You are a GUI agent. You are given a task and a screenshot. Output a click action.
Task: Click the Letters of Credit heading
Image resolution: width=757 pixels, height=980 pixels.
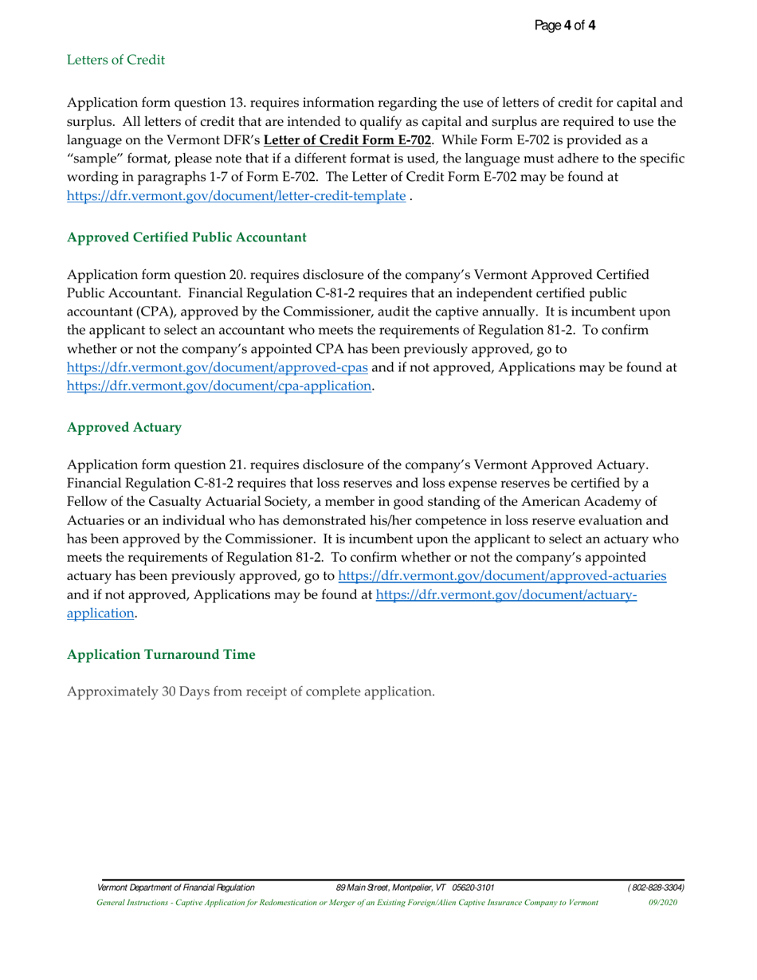click(116, 60)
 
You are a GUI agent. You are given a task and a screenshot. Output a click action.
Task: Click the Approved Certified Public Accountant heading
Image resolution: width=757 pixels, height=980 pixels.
click(186, 237)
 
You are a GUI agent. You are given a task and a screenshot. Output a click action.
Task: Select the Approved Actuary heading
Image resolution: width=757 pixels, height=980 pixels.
click(124, 427)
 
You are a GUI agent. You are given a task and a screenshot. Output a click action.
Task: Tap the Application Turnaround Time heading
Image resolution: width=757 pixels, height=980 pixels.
click(161, 654)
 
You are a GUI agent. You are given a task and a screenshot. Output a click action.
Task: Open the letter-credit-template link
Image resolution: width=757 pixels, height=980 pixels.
click(236, 196)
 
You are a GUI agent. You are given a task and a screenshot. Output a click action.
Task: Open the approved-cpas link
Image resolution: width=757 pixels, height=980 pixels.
click(218, 367)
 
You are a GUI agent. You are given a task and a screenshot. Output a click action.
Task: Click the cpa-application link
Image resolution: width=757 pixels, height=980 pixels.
click(219, 386)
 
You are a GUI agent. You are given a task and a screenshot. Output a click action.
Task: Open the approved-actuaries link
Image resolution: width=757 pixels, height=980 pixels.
click(502, 575)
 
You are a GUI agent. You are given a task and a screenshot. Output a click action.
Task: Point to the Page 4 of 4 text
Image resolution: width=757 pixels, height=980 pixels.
click(565, 25)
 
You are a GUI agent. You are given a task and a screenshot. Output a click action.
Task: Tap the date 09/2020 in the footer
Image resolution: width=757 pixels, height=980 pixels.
click(663, 903)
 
